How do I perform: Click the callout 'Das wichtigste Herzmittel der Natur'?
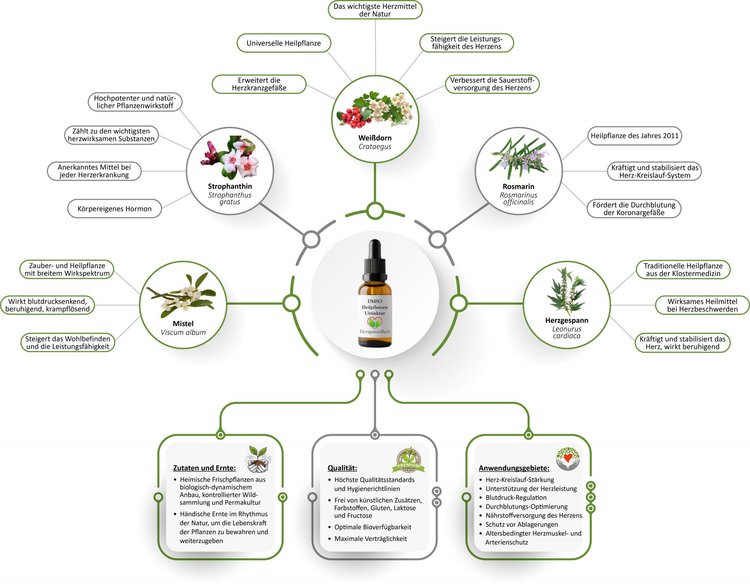click(375, 10)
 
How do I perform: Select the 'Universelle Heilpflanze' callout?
click(284, 43)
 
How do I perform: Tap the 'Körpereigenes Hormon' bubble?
click(114, 209)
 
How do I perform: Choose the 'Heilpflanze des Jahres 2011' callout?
click(635, 136)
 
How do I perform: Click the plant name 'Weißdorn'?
click(375, 138)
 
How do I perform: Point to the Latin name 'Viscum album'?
click(183, 332)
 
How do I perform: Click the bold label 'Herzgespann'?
click(567, 321)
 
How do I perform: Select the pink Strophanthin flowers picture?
click(230, 158)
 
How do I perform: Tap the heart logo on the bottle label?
click(375, 322)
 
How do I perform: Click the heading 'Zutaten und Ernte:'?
click(204, 468)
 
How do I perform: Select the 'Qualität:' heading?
click(342, 468)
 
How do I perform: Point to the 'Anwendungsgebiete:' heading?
click(514, 468)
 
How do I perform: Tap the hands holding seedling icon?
click(259, 459)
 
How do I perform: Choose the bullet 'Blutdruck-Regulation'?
click(516, 498)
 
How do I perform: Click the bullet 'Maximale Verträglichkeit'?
click(370, 539)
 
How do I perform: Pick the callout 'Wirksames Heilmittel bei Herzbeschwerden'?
click(702, 305)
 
